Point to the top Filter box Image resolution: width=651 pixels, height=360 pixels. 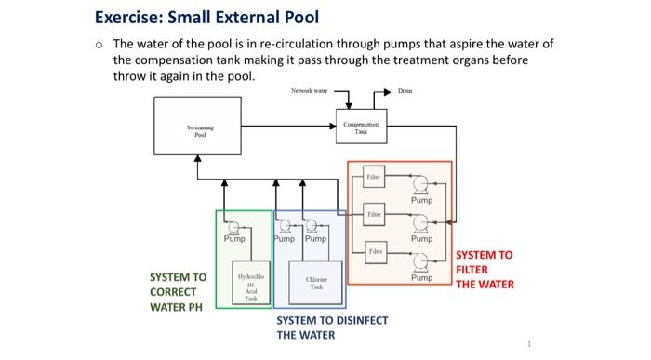point(373,174)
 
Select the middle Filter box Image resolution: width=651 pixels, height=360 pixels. point(373,213)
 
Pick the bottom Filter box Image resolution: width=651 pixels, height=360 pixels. point(373,251)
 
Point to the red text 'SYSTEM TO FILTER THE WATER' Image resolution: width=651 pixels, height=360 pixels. point(484,269)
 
